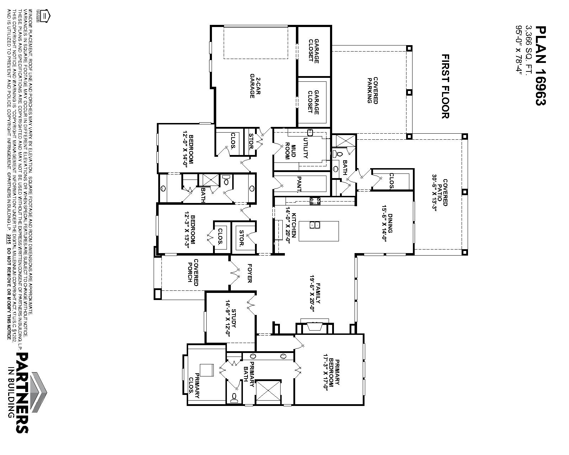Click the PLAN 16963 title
pos(541,65)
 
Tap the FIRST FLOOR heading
pos(446,86)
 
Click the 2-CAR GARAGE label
pos(255,88)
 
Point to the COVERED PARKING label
pos(372,90)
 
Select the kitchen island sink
pos(315,225)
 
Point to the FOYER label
pos(249,273)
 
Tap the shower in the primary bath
pos(268,392)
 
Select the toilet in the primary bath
pos(234,397)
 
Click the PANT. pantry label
pos(299,184)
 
